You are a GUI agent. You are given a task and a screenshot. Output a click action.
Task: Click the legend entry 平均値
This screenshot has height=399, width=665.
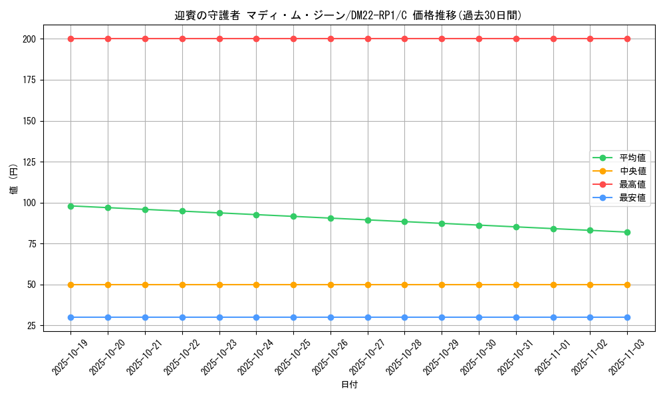coord(632,158)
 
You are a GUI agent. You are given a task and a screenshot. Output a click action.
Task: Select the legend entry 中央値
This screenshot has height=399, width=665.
coord(632,171)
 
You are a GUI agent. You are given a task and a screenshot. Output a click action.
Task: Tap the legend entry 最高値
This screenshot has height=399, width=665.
coord(632,184)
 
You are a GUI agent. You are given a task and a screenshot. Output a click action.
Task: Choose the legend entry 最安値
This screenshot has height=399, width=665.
coord(632,198)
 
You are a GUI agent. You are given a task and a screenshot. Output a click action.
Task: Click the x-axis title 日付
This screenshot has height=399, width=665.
coord(349,385)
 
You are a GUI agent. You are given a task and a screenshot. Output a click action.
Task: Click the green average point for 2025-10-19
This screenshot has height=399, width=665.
coord(71,206)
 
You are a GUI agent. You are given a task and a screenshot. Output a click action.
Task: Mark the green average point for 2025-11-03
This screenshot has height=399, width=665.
coord(627,232)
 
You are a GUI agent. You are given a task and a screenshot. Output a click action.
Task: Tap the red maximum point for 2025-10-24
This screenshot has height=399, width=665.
coord(257,39)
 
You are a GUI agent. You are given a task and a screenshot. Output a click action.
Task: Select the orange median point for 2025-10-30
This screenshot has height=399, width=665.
coord(479,285)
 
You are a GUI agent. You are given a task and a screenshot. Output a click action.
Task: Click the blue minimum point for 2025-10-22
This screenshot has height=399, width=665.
coord(182,317)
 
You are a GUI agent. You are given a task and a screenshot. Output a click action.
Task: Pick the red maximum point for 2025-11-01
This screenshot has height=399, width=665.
coord(553,39)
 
